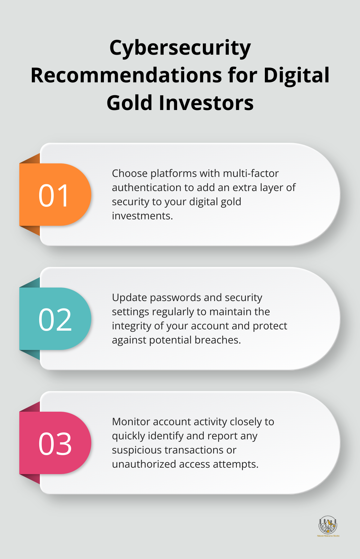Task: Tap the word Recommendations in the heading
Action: (126, 76)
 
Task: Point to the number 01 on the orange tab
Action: (54, 195)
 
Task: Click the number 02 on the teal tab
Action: (55, 319)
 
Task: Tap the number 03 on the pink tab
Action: (55, 444)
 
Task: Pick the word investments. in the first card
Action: (142, 216)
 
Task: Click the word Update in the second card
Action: (129, 298)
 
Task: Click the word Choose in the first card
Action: (130, 173)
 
